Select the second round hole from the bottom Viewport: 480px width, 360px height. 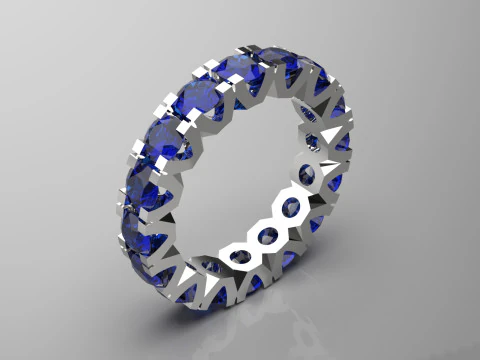[x=267, y=234]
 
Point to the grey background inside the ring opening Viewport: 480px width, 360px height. [x=240, y=170]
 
